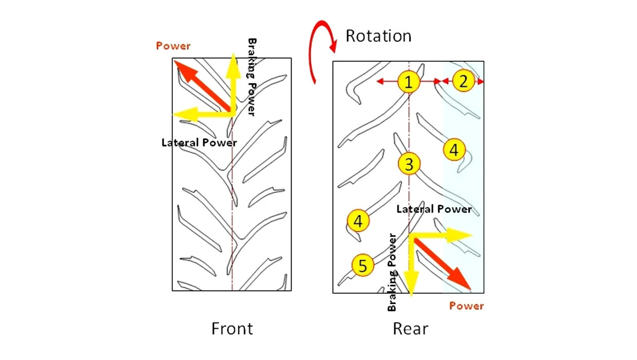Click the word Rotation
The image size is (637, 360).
click(378, 36)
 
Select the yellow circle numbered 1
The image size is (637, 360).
click(409, 82)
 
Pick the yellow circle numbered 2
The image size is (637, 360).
click(464, 81)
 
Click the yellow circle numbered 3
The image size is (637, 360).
click(409, 164)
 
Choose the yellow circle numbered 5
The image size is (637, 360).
click(362, 265)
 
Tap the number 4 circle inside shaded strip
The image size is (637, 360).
click(454, 150)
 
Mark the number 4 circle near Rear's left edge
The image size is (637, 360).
click(358, 221)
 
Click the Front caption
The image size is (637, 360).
click(232, 329)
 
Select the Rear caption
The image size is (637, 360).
click(410, 329)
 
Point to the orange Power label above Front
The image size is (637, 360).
click(173, 46)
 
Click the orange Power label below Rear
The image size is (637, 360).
click(466, 306)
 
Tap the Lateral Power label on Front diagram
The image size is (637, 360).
click(199, 142)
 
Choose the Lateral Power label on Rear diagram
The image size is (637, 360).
click(434, 209)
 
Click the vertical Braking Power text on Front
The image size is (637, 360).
click(252, 77)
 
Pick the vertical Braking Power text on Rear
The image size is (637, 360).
click(392, 273)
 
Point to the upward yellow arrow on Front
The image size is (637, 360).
click(233, 84)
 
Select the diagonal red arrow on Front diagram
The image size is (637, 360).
click(202, 85)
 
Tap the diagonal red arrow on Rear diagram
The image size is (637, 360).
click(443, 264)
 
